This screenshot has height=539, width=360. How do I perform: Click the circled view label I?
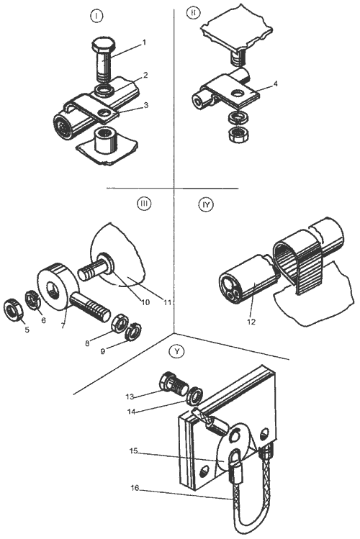click(x=97, y=16)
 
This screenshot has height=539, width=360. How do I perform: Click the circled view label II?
click(x=193, y=13)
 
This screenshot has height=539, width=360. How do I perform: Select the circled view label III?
click(x=143, y=204)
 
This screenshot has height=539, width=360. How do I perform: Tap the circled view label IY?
click(x=206, y=205)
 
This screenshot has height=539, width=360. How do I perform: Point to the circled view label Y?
click(x=177, y=351)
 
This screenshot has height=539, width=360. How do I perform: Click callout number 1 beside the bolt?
click(x=145, y=42)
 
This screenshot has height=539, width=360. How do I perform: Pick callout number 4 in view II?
click(x=276, y=84)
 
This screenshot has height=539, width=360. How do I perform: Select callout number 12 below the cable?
click(x=251, y=322)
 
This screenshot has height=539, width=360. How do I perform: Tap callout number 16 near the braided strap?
click(x=135, y=488)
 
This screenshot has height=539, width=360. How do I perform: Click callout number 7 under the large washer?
click(x=63, y=326)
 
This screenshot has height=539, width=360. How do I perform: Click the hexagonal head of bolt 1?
click(x=101, y=44)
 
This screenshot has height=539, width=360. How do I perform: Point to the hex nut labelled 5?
click(x=13, y=310)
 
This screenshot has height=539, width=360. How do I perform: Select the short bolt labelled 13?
click(x=173, y=384)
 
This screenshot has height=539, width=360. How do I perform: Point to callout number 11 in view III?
click(x=167, y=302)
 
